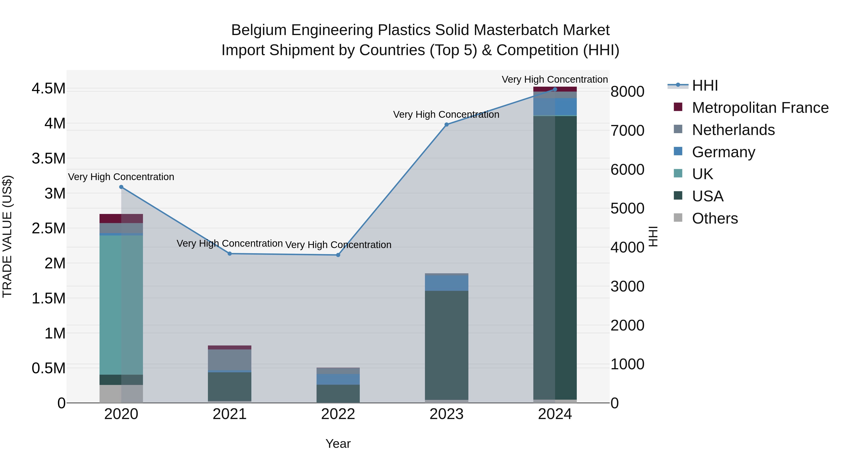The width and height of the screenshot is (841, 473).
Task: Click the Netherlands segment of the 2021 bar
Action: tap(229, 360)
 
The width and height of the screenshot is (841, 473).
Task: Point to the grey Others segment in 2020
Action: tap(121, 394)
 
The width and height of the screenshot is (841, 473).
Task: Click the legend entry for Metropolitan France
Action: tap(760, 108)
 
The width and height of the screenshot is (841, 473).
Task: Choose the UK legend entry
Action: tap(702, 174)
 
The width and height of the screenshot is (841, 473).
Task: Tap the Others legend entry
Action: tap(715, 218)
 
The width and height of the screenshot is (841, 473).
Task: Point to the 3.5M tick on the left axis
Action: tap(49, 158)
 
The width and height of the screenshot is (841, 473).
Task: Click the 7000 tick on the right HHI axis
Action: tap(627, 131)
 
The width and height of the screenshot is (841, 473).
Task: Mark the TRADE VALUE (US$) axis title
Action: tap(7, 236)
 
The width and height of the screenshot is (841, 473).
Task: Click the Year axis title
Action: tap(338, 444)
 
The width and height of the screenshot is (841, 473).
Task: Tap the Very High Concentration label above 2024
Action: tap(554, 79)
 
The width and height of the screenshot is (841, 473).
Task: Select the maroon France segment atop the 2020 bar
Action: tap(121, 218)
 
